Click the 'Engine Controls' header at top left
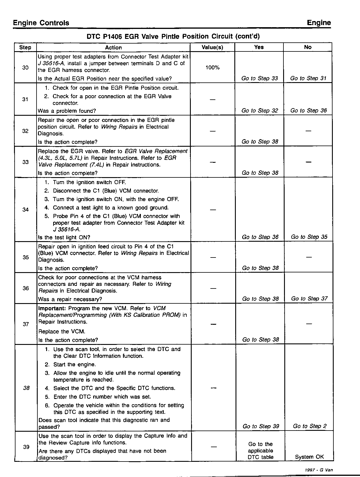tap(41, 23)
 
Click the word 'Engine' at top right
tap(319, 23)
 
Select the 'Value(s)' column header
tap(212, 47)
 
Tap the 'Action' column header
tap(113, 47)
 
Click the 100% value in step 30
tap(212, 68)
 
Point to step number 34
tap(25, 210)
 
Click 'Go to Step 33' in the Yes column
tap(259, 78)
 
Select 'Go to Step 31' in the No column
tap(308, 78)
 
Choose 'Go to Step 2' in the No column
tap(310, 426)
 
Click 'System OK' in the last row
tap(309, 457)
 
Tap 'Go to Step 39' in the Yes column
tap(261, 426)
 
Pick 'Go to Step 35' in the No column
tap(309, 237)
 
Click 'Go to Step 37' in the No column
tap(309, 298)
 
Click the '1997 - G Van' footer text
tap(319, 470)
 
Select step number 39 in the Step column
tap(26, 447)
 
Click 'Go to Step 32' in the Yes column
tap(260, 110)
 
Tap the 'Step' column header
tap(25, 47)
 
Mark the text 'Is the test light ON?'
tap(64, 237)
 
